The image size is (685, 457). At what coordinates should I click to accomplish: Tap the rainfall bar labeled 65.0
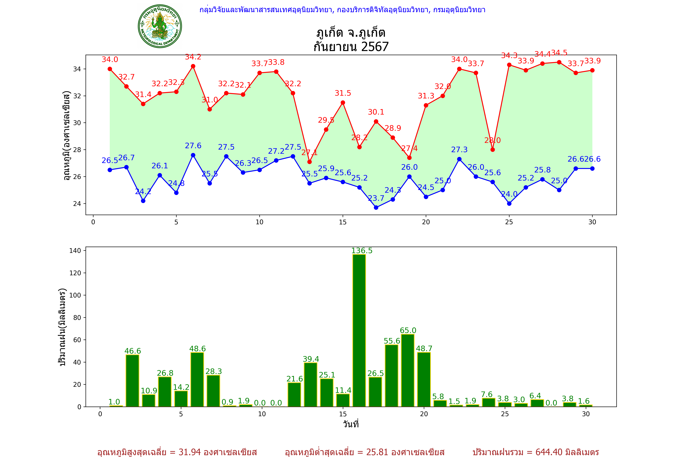pyautogui.click(x=408, y=370)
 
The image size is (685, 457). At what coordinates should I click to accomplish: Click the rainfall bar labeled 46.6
pyautogui.click(x=133, y=380)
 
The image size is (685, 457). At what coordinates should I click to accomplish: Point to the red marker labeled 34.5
pyautogui.click(x=559, y=62)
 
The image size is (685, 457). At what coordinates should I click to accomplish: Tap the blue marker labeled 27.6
pyautogui.click(x=193, y=155)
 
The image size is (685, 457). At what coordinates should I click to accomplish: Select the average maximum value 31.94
pyautogui.click(x=190, y=452)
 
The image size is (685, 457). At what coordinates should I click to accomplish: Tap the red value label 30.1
pyautogui.click(x=376, y=112)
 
